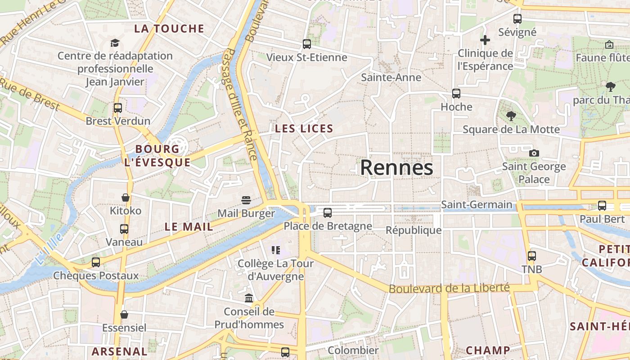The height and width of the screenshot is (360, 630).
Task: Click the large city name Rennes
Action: [396, 168]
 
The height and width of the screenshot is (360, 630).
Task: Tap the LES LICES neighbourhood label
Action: [304, 129]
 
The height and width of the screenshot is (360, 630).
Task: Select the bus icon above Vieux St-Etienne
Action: [307, 44]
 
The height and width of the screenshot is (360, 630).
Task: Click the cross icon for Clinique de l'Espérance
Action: [485, 40]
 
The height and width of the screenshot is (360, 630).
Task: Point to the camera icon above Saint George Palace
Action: [534, 153]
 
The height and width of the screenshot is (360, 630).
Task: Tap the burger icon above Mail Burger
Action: [246, 200]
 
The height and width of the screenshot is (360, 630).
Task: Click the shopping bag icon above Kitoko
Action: [126, 198]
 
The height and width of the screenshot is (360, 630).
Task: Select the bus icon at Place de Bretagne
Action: [328, 213]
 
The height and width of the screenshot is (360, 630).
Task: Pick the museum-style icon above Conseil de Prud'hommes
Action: [249, 298]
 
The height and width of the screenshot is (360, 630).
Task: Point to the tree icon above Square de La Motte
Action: [511, 116]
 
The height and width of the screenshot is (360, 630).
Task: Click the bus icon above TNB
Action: [532, 256]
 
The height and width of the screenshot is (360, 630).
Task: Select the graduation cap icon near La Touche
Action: [115, 43]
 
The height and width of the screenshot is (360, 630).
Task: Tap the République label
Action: [414, 230]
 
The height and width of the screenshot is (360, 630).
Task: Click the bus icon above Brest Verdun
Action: [118, 108]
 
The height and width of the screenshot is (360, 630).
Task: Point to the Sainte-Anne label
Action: [391, 77]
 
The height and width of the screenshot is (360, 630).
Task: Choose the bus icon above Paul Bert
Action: [602, 206]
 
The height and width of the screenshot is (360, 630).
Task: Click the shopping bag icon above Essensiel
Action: [124, 315]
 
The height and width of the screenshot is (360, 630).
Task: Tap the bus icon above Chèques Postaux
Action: [96, 262]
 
